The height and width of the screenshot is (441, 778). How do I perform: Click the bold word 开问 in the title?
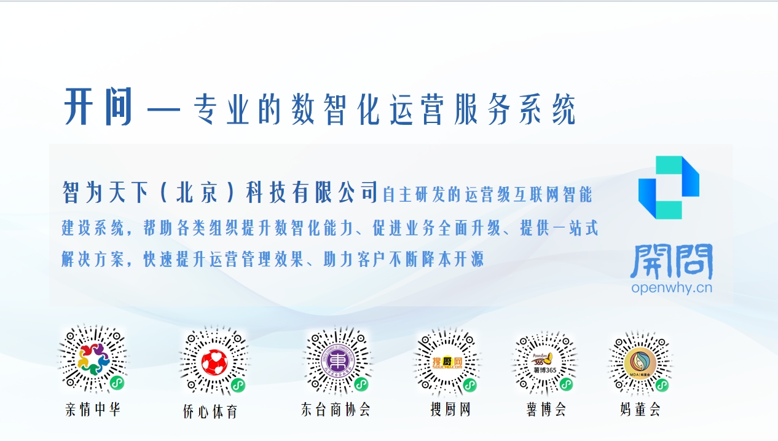click(98, 107)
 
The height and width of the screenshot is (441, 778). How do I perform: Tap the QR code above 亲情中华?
click(93, 359)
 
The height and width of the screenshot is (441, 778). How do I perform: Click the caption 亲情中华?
click(93, 409)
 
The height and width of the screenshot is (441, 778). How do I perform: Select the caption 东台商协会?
click(336, 409)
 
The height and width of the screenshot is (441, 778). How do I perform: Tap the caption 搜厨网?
click(450, 409)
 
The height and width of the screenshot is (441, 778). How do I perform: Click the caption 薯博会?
click(546, 409)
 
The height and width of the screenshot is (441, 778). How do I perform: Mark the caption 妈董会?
click(640, 409)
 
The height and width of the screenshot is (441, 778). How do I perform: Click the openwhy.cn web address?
click(671, 288)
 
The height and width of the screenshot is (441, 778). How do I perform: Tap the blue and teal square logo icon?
click(669, 188)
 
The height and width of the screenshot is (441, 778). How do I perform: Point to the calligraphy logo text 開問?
click(672, 261)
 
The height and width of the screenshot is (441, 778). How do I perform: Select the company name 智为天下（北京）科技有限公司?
click(220, 193)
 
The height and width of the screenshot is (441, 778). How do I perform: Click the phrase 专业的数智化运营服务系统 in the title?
click(384, 111)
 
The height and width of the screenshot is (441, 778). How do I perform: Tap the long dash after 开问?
click(164, 109)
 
